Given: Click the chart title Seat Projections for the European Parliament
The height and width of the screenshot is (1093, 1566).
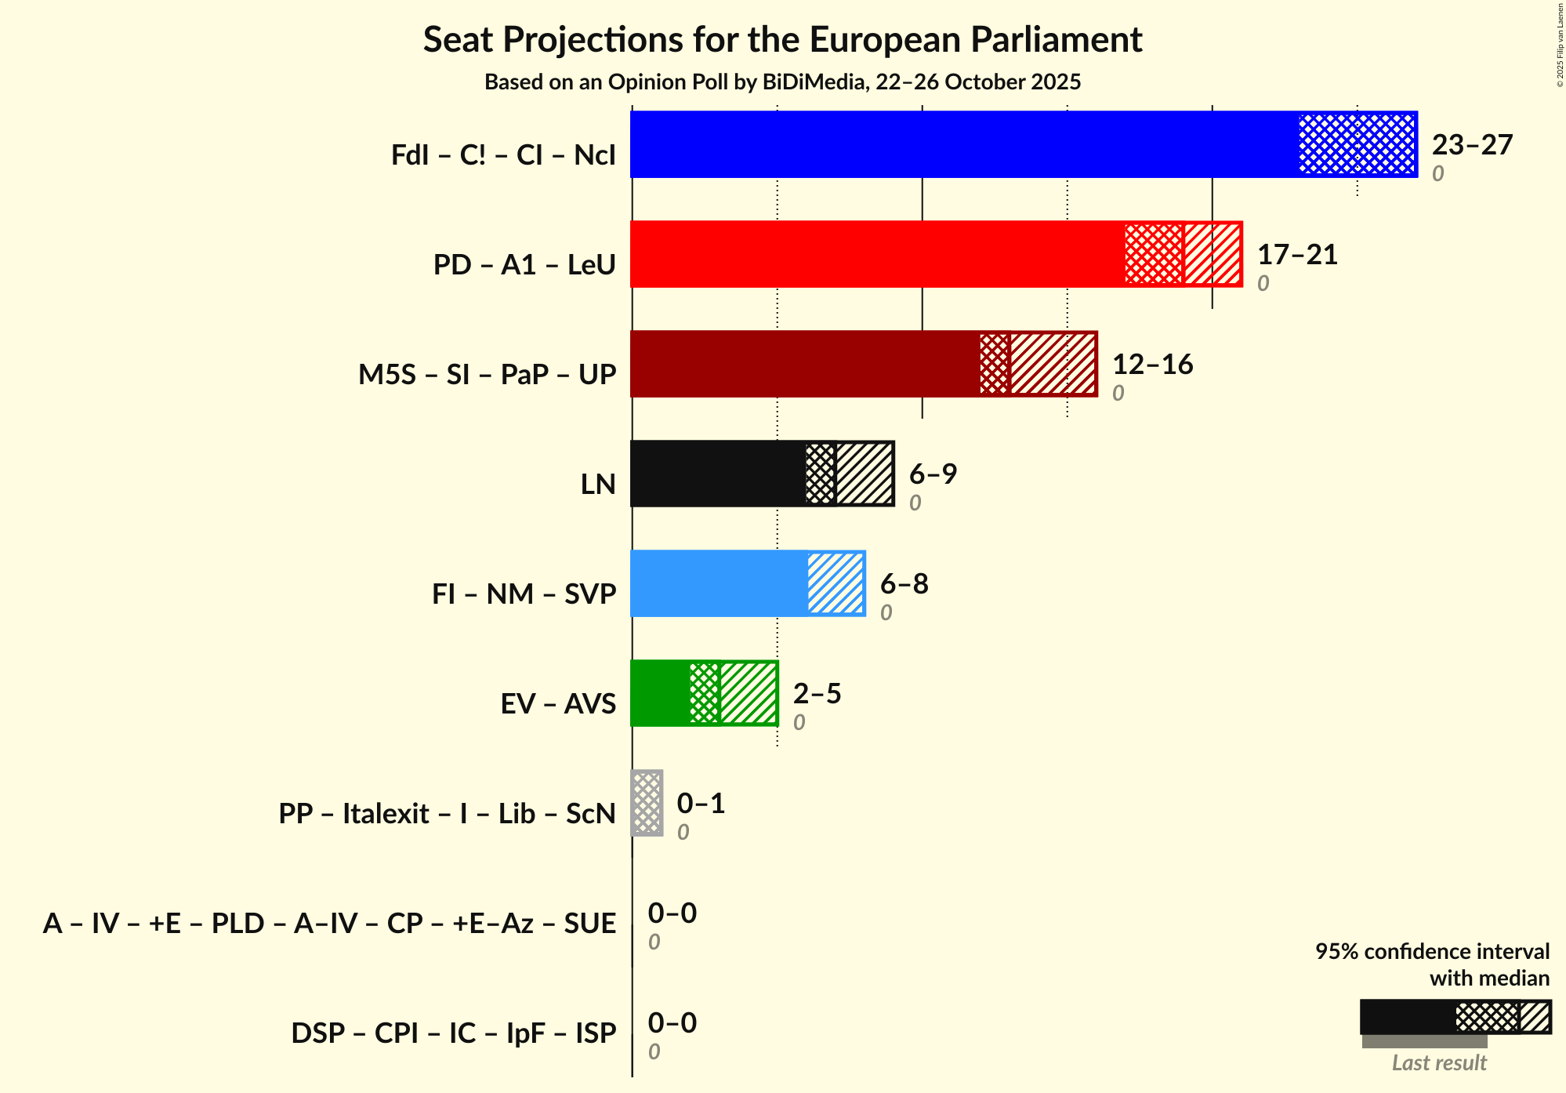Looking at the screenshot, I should click(782, 39).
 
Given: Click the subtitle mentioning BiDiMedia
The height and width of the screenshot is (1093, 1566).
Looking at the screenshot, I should click(782, 82).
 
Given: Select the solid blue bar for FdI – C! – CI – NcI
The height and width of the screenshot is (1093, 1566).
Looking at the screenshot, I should click(964, 144).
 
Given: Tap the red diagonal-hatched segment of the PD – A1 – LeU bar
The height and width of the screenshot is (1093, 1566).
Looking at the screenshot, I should click(1212, 254).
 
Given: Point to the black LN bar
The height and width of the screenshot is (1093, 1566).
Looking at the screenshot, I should click(718, 474).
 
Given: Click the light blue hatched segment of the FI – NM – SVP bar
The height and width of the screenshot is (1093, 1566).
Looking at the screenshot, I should click(836, 583).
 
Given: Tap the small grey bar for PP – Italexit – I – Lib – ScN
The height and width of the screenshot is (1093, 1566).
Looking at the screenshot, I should click(647, 803).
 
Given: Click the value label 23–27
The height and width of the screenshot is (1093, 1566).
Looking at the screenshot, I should click(1471, 145).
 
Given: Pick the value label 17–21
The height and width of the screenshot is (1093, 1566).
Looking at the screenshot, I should click(1296, 255).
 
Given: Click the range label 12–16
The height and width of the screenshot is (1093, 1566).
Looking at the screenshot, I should click(1151, 365).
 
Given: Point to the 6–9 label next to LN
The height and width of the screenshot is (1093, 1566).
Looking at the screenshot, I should click(932, 474).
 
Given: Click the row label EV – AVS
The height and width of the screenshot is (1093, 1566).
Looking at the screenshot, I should click(558, 703).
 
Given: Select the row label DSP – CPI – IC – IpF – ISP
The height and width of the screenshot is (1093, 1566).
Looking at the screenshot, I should click(453, 1033).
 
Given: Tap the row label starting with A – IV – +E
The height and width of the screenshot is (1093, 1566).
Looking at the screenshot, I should click(329, 923).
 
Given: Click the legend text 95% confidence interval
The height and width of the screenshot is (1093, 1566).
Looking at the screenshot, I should click(1431, 951).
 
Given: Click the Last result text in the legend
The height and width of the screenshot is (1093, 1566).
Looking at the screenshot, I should click(1438, 1062).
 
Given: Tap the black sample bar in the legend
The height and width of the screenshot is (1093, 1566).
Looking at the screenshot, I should click(1407, 1017).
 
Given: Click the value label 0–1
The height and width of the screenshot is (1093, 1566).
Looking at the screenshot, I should click(700, 804).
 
